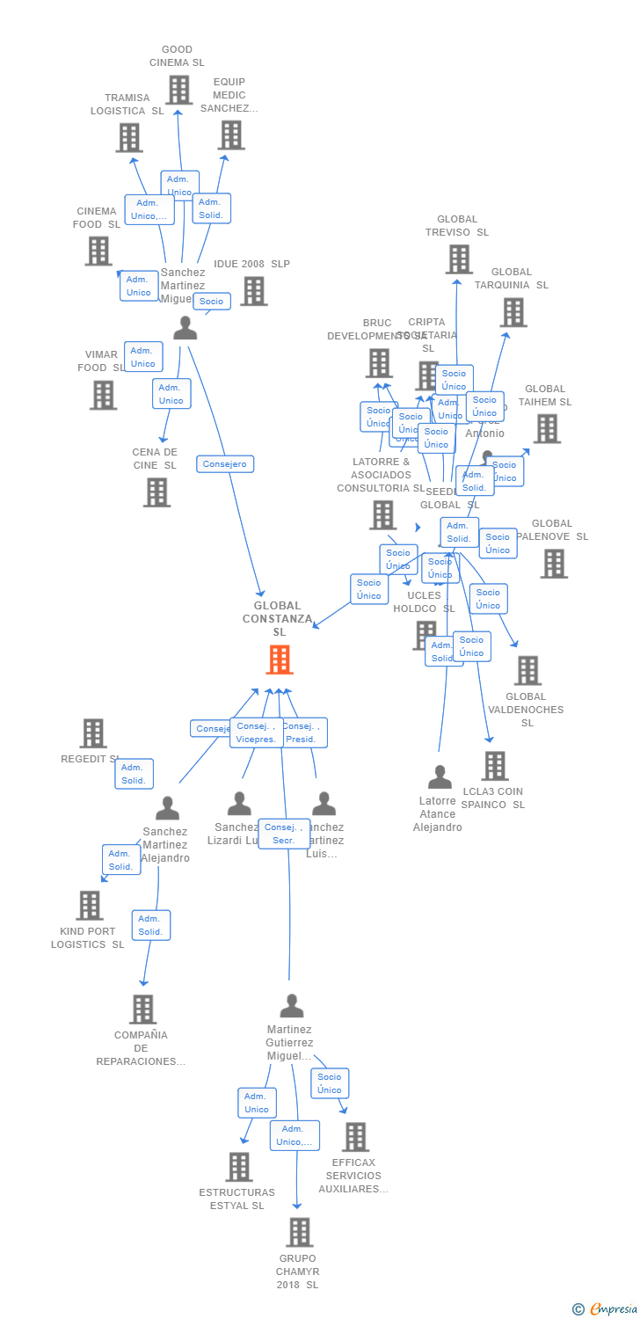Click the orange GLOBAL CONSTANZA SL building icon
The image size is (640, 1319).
coord(279,659)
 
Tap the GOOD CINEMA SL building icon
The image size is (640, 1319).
coord(178,90)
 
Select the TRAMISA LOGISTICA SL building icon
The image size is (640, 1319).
coord(129,138)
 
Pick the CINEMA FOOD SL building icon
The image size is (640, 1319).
coord(98,251)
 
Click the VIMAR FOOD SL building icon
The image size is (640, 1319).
coord(103,395)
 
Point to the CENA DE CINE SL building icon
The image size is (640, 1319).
coord(156,492)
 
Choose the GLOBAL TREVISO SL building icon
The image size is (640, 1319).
coord(459,259)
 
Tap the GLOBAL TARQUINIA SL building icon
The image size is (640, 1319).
coord(513,312)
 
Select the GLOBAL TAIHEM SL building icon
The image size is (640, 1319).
coord(547,428)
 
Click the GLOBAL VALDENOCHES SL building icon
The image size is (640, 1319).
coord(527,670)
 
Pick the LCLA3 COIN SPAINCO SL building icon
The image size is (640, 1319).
coord(495,766)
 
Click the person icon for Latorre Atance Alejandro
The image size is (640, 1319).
coord(440,777)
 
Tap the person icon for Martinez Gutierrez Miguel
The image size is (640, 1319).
coord(291,1005)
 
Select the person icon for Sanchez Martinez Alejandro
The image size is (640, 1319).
coord(167,808)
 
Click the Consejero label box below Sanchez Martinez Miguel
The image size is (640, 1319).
coord(225,463)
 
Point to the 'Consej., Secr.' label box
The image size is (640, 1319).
coord(283,834)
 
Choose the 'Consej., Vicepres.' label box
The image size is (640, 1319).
coord(257,732)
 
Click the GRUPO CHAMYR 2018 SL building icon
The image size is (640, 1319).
coord(300,1233)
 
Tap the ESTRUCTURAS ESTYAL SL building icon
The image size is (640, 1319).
coord(238,1167)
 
